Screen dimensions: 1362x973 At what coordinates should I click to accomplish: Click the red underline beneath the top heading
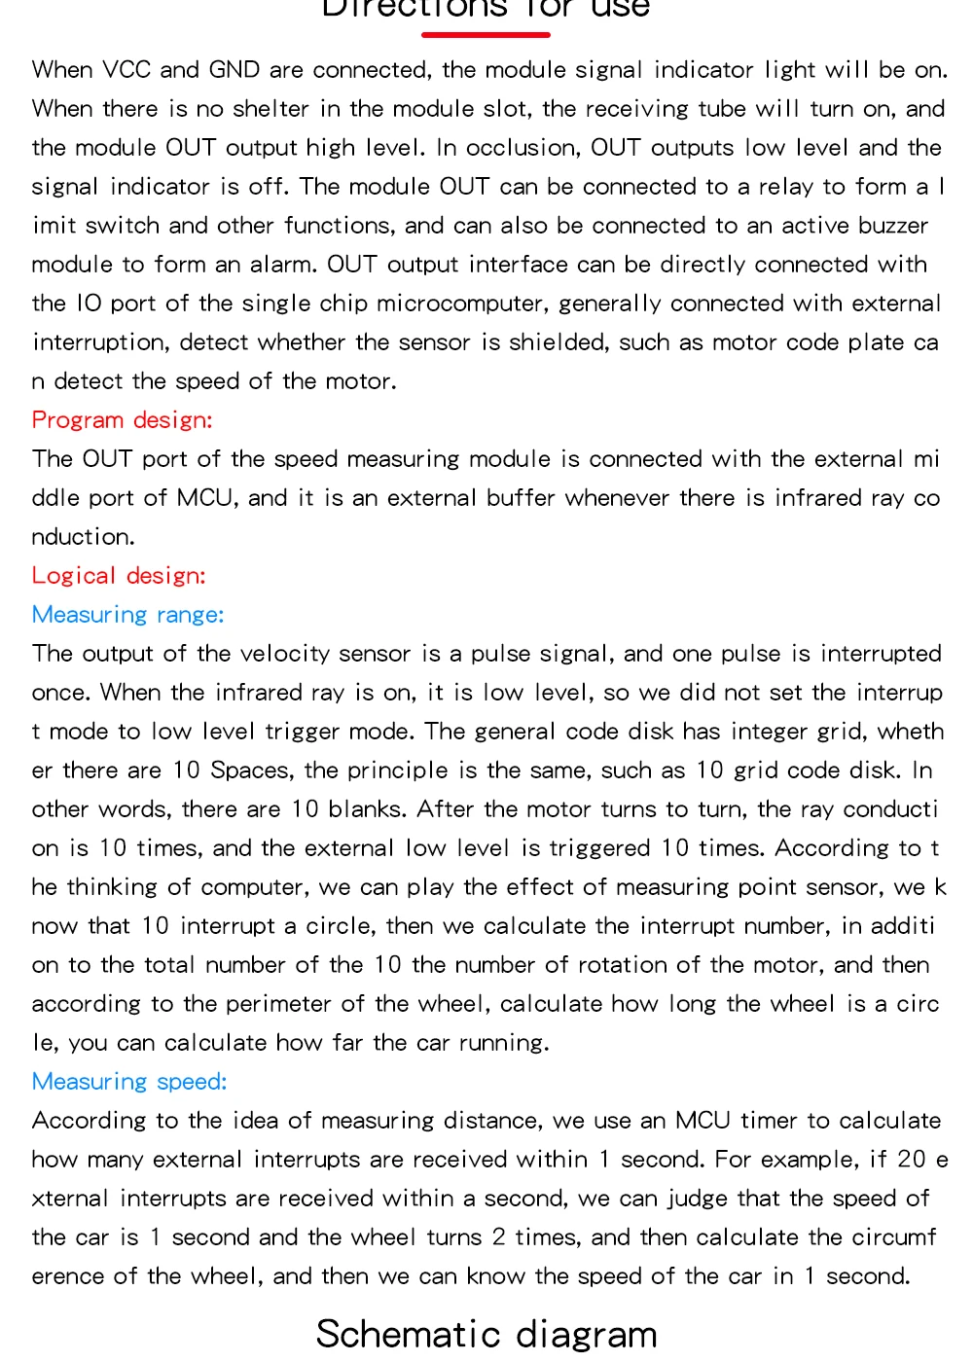click(x=486, y=35)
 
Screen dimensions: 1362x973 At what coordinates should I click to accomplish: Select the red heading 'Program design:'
click(x=122, y=420)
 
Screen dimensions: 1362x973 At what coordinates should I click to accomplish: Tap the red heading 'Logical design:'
click(x=119, y=576)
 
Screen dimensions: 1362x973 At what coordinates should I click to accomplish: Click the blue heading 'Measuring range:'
click(x=127, y=615)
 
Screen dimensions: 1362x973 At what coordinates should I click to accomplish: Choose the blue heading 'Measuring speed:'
click(x=129, y=1082)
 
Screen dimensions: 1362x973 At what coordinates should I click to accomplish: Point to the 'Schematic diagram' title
click(x=486, y=1334)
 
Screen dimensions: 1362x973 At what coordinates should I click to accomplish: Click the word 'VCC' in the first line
click(x=126, y=70)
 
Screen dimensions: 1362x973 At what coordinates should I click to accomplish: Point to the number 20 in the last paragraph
click(x=911, y=1160)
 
